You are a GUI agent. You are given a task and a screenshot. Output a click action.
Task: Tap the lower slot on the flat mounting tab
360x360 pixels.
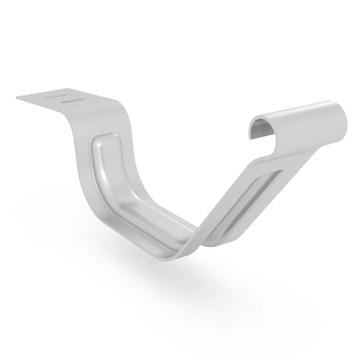point(73,101)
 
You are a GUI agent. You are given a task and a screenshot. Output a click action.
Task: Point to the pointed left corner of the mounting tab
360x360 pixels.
point(18,98)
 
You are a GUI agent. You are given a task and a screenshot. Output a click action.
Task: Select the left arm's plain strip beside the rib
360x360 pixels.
point(87,180)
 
